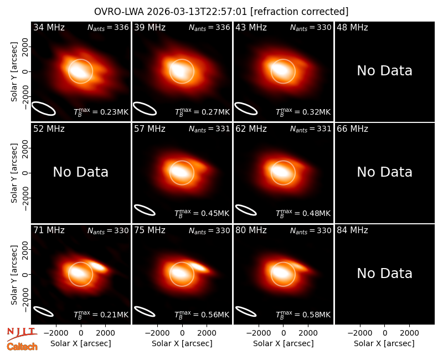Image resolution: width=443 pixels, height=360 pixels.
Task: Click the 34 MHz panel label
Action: coord(49,27)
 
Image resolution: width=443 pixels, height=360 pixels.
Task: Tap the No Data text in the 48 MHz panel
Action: coord(384,71)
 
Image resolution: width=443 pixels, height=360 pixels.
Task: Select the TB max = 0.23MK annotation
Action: coord(101,112)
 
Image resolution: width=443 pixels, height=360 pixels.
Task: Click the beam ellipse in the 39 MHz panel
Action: coord(145,109)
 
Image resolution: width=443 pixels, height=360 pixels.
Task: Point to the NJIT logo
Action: coord(22,334)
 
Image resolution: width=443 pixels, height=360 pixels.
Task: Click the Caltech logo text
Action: coord(22,347)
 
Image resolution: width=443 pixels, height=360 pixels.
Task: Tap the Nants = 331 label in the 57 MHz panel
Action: coord(209,129)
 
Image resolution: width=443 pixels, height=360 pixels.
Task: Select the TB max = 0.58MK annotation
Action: coord(303,315)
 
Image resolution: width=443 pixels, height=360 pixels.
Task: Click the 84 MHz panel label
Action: coord(352,230)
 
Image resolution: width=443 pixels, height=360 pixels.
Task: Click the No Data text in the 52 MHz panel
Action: coord(80,172)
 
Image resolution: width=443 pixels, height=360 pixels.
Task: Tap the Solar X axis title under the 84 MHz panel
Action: coord(384,343)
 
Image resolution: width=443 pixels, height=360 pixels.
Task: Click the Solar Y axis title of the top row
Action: coord(14,72)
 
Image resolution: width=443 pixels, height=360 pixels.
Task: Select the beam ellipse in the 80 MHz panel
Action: coord(246,311)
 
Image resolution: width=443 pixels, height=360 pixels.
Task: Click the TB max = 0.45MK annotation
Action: coord(202,213)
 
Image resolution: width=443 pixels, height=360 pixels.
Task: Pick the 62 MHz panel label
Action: coord(251,129)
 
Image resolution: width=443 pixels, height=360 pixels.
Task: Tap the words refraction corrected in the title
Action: coord(300,12)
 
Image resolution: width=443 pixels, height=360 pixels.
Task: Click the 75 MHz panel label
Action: coord(150,230)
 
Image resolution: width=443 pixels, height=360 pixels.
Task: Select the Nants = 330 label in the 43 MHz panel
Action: coord(311,27)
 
